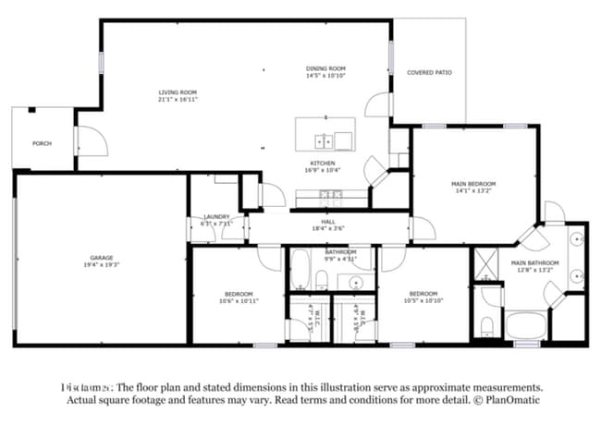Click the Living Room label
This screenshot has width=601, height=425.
click(178, 91)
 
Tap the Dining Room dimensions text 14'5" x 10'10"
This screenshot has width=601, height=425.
click(325, 76)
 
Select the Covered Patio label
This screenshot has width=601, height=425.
click(429, 71)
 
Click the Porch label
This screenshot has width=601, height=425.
click(42, 143)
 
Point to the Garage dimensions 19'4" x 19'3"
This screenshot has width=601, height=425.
click(101, 264)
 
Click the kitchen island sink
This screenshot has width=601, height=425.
click(325, 141)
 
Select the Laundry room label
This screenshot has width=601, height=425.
click(215, 216)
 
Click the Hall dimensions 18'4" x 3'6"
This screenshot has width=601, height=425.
click(327, 227)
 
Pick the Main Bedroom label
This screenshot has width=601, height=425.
click(473, 184)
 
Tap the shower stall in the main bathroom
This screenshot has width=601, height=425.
click(485, 263)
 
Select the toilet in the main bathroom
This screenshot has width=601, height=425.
click(487, 323)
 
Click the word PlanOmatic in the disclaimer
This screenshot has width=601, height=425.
click(510, 400)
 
